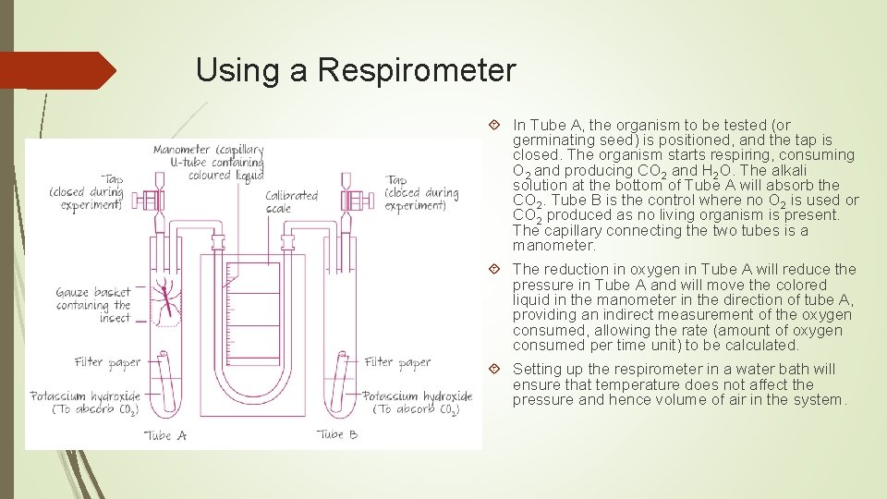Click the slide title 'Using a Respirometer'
(356, 70)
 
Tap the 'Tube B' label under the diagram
(337, 434)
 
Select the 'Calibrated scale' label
(292, 201)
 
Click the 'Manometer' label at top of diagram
(208, 162)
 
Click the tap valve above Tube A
(152, 200)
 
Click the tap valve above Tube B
(352, 200)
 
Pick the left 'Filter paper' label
(107, 362)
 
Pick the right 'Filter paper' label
(398, 362)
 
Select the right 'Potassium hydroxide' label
(418, 402)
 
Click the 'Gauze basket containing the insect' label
(93, 305)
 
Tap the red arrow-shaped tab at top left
(55, 70)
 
